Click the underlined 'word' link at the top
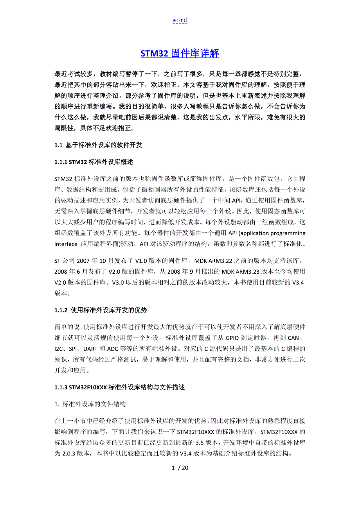coord(180,20)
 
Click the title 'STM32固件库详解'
coord(180,54)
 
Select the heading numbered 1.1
coord(98,145)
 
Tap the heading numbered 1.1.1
coord(95,162)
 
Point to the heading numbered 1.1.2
coord(101,310)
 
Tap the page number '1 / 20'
coord(180,468)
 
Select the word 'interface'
coord(67,244)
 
